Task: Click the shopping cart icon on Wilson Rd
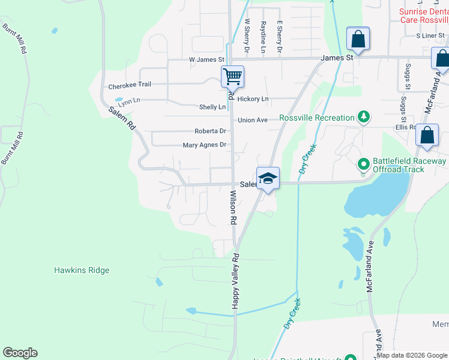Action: coord(232,76)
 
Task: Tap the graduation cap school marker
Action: coord(268,178)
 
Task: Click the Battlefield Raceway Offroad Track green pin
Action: coord(363,164)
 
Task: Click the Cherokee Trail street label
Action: coord(130,86)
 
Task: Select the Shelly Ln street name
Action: coord(212,107)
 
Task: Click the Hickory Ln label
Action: coord(253,99)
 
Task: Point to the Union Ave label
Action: coord(252,121)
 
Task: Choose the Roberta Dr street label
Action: coord(210,131)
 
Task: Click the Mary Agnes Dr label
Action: coord(204,145)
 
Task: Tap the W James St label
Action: coord(206,60)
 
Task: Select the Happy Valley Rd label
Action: coord(236,281)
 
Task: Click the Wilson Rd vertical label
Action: coord(233,208)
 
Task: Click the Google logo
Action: coord(20,353)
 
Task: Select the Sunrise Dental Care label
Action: coord(424,16)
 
